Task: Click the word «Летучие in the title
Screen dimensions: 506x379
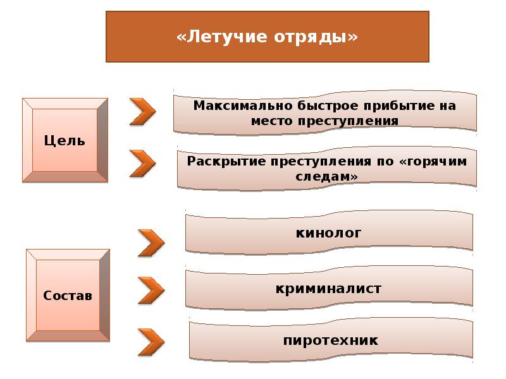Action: click(221, 37)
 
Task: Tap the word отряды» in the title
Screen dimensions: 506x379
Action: click(316, 37)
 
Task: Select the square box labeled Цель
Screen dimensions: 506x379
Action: click(65, 140)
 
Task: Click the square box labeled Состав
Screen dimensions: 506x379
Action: click(68, 295)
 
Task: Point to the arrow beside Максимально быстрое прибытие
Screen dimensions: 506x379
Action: click(143, 112)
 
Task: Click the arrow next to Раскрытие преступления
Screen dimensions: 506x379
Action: click(143, 164)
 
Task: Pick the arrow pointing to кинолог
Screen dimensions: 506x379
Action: click(151, 243)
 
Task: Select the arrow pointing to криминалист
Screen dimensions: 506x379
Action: click(151, 291)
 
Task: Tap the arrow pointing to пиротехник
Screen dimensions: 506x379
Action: click(151, 342)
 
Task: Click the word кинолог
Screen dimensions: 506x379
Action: click(328, 233)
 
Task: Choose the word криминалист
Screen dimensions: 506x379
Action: click(328, 289)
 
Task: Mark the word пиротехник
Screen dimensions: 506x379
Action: click(330, 340)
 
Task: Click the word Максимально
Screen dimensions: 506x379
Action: click(243, 105)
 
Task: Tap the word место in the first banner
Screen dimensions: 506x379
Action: click(272, 121)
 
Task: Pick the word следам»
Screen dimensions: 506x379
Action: click(326, 176)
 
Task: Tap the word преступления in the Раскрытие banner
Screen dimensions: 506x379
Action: click(321, 161)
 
